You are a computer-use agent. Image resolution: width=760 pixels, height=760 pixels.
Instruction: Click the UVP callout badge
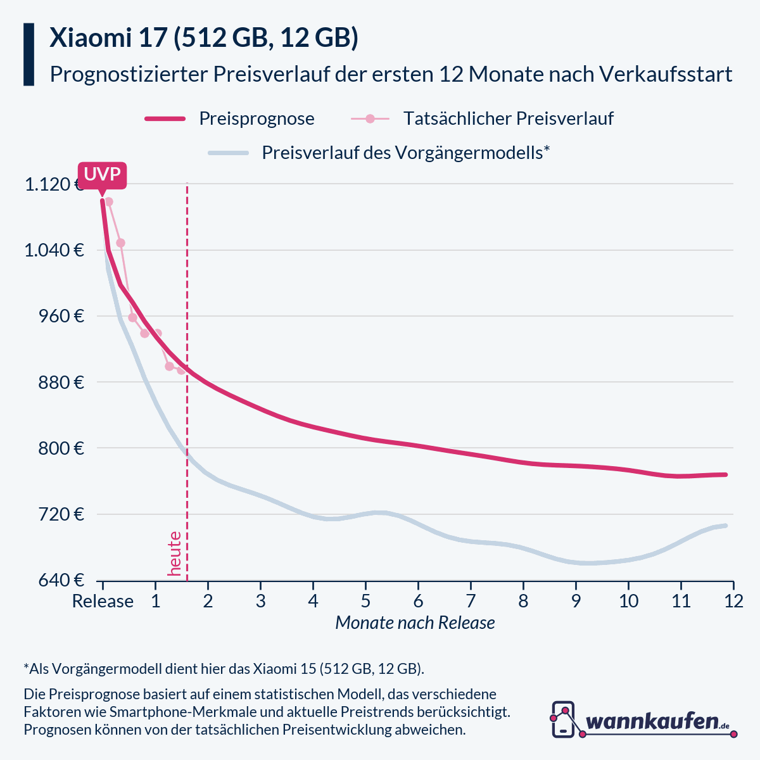(x=102, y=175)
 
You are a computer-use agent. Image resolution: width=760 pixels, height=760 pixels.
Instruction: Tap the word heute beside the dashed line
(x=174, y=554)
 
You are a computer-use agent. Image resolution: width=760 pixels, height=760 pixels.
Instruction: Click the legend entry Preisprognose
(x=256, y=118)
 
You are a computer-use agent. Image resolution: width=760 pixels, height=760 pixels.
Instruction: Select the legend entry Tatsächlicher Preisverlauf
(x=508, y=118)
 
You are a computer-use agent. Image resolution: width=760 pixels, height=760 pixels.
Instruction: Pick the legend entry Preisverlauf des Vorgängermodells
(x=405, y=153)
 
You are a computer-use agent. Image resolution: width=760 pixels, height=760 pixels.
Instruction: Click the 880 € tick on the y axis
(x=62, y=383)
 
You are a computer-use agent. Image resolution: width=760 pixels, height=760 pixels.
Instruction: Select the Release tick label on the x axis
(x=103, y=600)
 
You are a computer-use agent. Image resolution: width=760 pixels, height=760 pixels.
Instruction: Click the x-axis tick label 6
(x=418, y=600)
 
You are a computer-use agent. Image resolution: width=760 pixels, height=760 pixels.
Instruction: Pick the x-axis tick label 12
(x=733, y=600)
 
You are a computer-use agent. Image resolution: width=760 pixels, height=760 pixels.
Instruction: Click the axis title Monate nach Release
(x=415, y=623)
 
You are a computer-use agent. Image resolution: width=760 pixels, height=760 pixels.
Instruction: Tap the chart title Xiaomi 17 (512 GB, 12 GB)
(x=204, y=38)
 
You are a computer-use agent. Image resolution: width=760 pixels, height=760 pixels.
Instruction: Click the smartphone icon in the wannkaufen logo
(x=563, y=719)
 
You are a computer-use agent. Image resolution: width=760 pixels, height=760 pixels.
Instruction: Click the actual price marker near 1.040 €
(x=120, y=243)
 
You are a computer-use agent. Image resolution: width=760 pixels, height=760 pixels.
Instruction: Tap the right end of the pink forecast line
(x=725, y=474)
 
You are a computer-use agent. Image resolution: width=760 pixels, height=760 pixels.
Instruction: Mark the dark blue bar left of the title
(x=28, y=54)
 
